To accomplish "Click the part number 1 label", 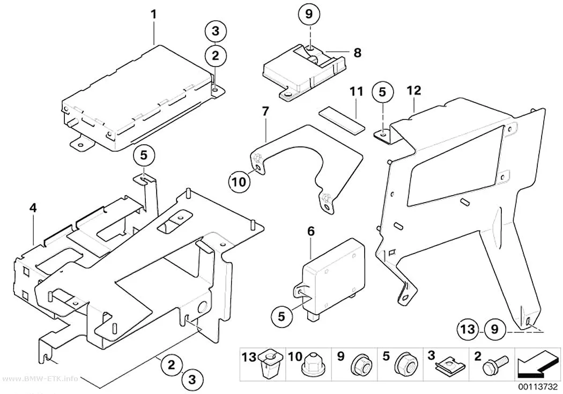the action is click(x=154, y=14).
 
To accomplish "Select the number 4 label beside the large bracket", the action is click(x=33, y=208).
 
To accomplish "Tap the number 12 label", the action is click(x=413, y=91).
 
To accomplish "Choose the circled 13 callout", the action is click(x=468, y=329).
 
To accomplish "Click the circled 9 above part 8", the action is click(x=309, y=14).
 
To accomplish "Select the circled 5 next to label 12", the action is click(x=382, y=92).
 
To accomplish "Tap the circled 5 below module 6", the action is click(x=281, y=316).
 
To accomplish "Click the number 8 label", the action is click(x=357, y=53).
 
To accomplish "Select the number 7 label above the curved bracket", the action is click(x=265, y=111).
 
